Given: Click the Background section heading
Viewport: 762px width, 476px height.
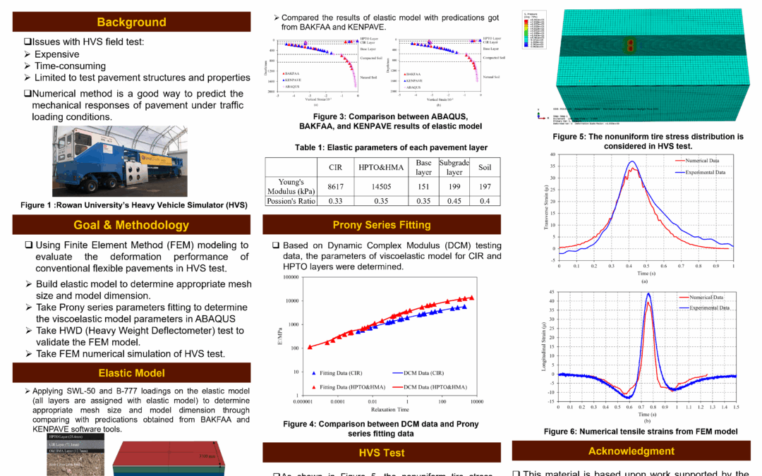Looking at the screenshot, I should point(131,22).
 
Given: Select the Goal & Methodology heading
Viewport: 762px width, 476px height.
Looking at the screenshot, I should point(131,225).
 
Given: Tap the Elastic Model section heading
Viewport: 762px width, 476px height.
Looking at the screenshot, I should point(131,372).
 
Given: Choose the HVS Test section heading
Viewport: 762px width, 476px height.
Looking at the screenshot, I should point(382,452).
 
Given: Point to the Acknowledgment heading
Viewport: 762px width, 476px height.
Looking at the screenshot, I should point(631,451).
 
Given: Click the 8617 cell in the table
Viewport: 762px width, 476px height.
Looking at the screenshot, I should point(336,185).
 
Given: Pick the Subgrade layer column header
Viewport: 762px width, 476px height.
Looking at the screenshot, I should point(454,167).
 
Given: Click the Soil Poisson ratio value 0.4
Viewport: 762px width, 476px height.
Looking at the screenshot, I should point(484,201).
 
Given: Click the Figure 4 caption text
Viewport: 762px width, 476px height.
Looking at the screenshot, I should point(381,428).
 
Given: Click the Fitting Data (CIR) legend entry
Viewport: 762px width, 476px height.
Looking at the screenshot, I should point(342,372).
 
